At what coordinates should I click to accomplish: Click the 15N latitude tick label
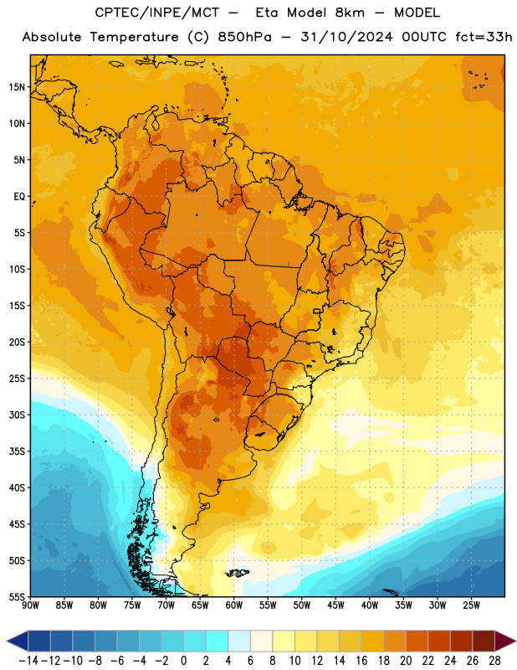tap(17, 87)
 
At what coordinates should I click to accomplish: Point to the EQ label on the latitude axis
tap(19, 197)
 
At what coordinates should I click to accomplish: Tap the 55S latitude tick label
tap(17, 596)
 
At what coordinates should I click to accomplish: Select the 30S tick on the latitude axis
tap(17, 415)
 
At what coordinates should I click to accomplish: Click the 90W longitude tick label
tap(30, 606)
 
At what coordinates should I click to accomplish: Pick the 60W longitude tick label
tap(234, 606)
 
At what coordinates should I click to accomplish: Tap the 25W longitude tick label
tap(471, 606)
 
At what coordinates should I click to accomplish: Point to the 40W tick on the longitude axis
tap(370, 606)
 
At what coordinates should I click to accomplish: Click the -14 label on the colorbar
tap(29, 661)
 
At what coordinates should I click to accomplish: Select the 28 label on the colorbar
tap(494, 661)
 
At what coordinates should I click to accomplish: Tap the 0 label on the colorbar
tap(184, 661)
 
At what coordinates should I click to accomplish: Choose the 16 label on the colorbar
tap(361, 661)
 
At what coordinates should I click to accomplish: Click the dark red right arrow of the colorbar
tap(505, 641)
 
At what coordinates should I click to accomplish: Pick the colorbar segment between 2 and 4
tap(218, 641)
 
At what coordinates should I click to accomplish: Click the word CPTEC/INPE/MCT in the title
tap(157, 13)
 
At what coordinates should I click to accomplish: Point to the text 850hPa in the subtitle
tap(244, 37)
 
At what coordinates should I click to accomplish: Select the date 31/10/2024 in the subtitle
tap(346, 37)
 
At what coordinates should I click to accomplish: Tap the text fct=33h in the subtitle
tap(484, 37)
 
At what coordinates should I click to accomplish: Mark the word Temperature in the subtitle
tap(134, 37)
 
